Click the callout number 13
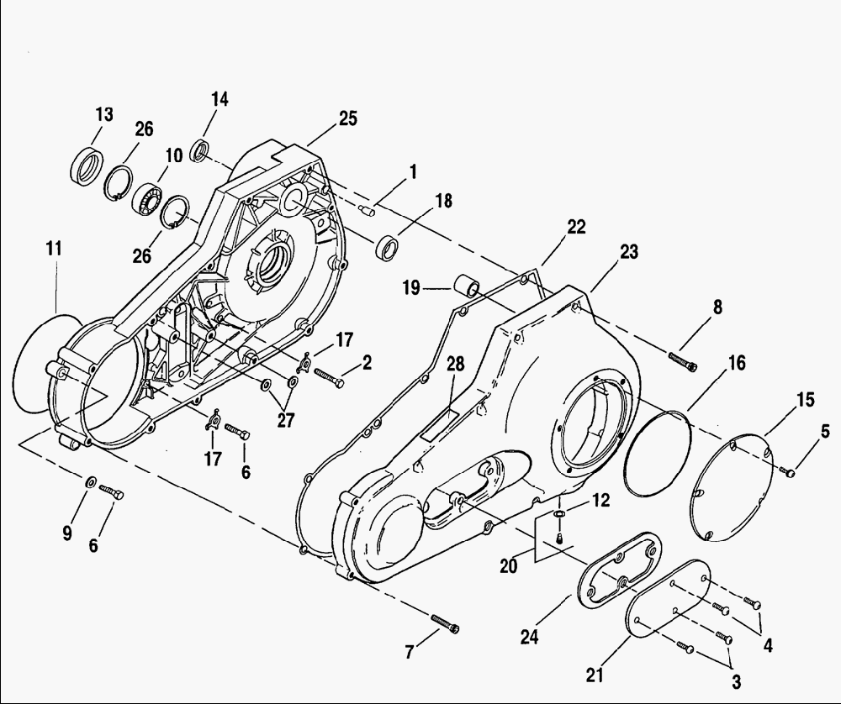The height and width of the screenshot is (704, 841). point(104,114)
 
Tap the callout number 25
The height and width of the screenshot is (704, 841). point(348,118)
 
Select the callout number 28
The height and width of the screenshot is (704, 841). point(455,365)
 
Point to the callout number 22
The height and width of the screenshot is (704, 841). point(576,227)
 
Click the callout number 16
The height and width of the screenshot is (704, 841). point(737,363)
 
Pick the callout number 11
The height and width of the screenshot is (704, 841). point(54,249)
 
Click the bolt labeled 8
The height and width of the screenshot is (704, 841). point(683,360)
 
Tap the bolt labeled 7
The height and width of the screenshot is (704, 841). point(445,623)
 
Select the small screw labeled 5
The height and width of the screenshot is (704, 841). point(790,472)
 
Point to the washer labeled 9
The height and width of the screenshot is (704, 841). point(91,481)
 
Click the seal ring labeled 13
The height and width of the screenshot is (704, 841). point(87,165)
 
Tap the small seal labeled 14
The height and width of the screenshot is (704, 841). point(201,150)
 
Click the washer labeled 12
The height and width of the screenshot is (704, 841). point(558,515)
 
